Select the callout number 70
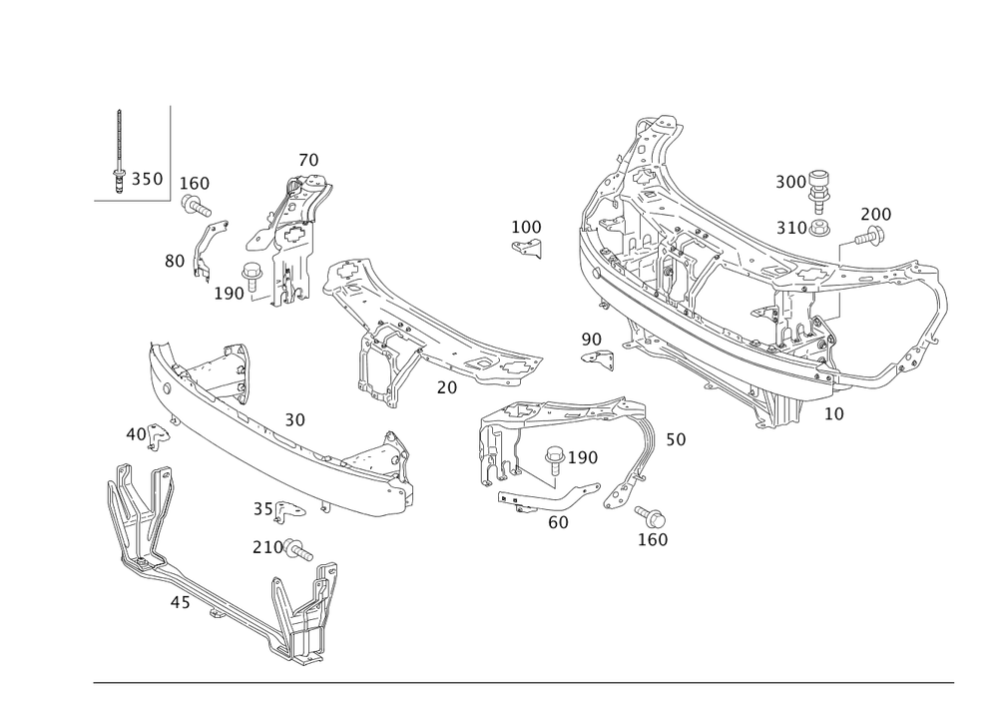coord(308,160)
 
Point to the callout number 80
coord(175,262)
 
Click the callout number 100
coord(196,184)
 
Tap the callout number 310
coord(791,228)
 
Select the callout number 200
coord(876,214)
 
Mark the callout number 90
coord(591,340)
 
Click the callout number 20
coord(446,385)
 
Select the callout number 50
coord(676,438)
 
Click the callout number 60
coord(558,520)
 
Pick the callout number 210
coord(266,546)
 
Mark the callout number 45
coord(181,603)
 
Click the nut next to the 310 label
coord(818,228)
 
